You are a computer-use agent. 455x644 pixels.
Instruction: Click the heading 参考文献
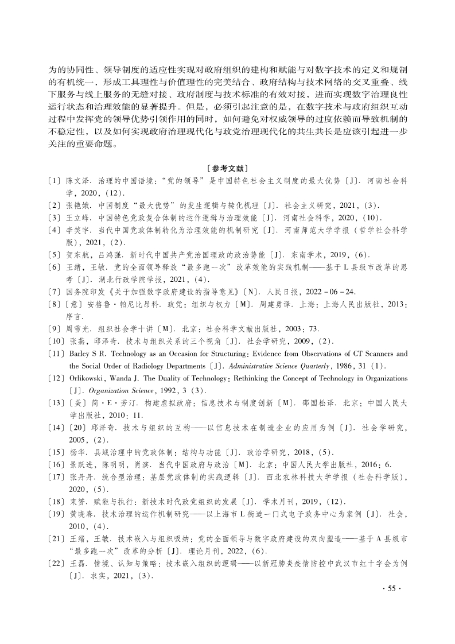(227, 169)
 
